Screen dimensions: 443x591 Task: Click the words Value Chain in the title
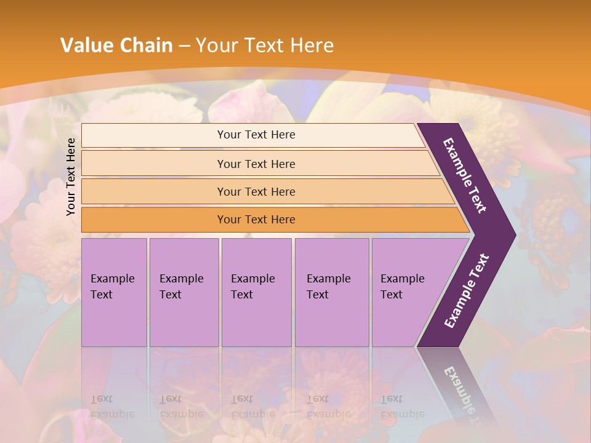(116, 45)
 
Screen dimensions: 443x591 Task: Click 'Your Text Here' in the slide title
(265, 45)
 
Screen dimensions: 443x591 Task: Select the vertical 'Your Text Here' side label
(71, 177)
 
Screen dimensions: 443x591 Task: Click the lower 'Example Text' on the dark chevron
(467, 290)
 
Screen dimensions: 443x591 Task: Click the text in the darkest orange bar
(256, 220)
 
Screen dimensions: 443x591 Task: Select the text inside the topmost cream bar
(256, 135)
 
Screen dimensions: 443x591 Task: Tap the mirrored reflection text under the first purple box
(112, 407)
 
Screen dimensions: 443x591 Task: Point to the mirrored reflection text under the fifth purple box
(403, 407)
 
